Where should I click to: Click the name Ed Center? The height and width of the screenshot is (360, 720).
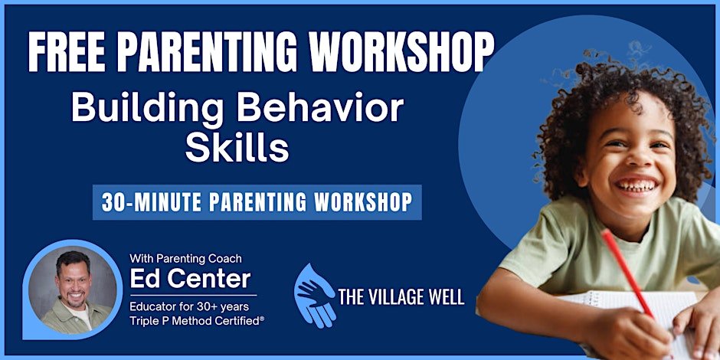coord(191,279)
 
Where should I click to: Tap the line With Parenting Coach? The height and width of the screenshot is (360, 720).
coord(185,259)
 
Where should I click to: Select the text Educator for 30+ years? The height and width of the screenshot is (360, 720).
coord(189,306)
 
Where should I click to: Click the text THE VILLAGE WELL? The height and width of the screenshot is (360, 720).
coord(401,297)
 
